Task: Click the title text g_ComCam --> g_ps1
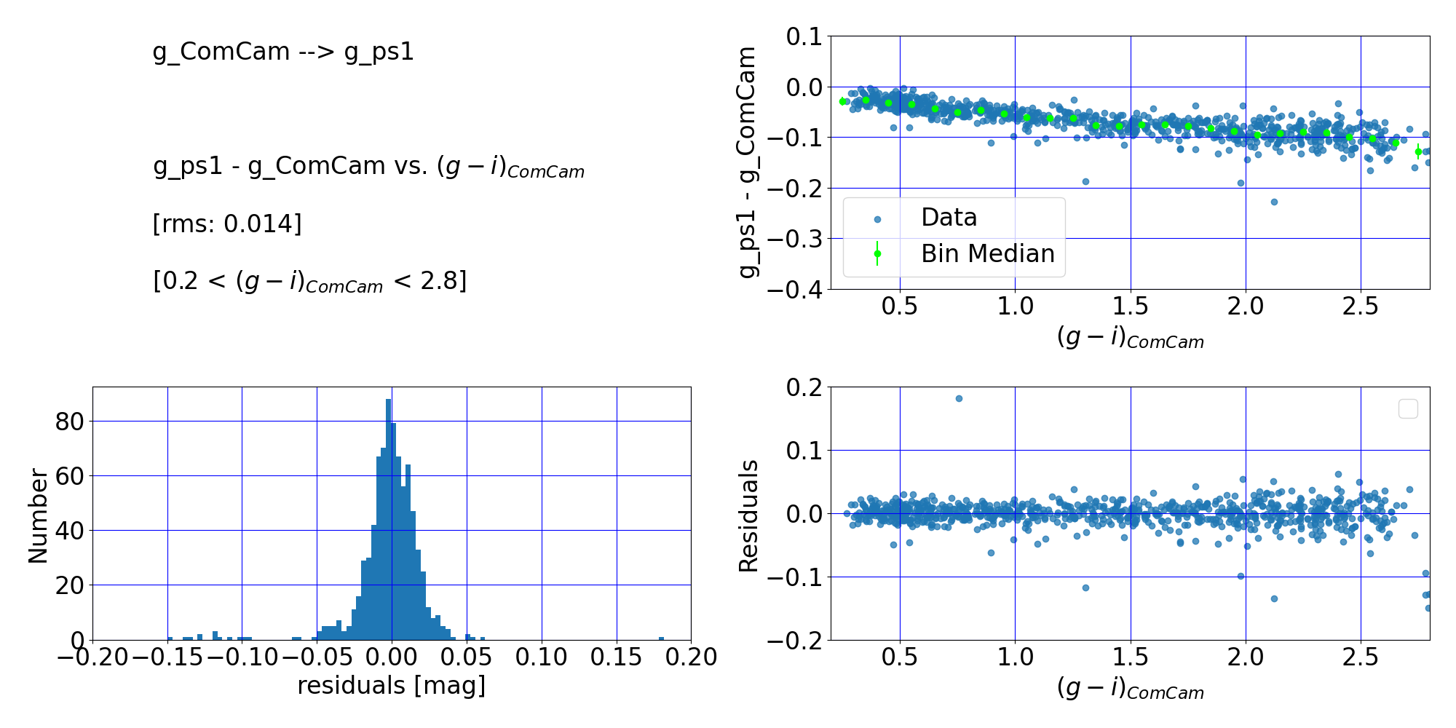coord(283,52)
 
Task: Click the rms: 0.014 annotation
coord(226,223)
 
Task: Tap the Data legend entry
coord(949,218)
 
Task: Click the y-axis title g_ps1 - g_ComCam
coord(748,162)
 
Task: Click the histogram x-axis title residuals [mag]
coord(391,686)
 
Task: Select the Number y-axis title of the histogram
coord(38,515)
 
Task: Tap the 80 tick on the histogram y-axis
coord(70,422)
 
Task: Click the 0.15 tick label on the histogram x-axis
coord(616,657)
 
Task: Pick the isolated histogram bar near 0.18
coord(661,638)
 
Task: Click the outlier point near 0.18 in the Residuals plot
coord(959,398)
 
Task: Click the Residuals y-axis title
coord(748,515)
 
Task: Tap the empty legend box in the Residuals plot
coord(1408,409)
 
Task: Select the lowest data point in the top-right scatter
coord(1274,202)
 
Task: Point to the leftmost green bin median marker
coord(842,101)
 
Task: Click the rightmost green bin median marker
coord(1418,151)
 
